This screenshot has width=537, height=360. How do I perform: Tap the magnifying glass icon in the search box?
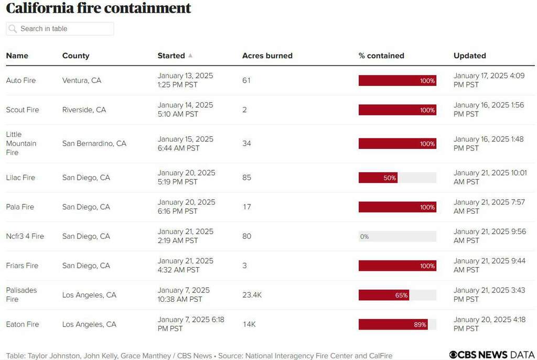click(x=13, y=29)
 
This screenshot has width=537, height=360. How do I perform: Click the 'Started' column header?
click(x=171, y=56)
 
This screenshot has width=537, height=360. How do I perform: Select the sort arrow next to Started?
click(x=190, y=56)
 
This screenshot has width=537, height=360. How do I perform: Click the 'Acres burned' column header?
click(x=267, y=56)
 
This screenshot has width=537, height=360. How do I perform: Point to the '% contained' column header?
click(x=381, y=56)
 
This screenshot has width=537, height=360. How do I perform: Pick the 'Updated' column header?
click(x=469, y=56)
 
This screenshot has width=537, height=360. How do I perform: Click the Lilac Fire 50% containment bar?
click(x=378, y=178)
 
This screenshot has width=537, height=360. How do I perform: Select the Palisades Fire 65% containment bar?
click(x=383, y=295)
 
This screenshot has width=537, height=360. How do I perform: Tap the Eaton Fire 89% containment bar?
click(x=393, y=324)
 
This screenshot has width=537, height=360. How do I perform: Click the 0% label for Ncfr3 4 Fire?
click(x=364, y=237)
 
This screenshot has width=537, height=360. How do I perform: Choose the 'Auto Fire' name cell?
click(x=21, y=81)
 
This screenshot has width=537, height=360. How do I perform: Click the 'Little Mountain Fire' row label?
click(x=21, y=144)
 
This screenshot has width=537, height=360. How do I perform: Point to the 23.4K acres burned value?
click(x=252, y=295)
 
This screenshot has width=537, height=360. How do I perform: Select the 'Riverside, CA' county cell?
click(x=84, y=110)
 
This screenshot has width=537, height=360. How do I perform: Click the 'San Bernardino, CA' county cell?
click(x=94, y=144)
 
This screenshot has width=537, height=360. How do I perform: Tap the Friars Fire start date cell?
click(x=185, y=266)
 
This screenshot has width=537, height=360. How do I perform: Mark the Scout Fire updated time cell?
click(x=488, y=110)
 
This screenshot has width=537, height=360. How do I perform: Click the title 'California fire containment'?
click(x=99, y=8)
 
